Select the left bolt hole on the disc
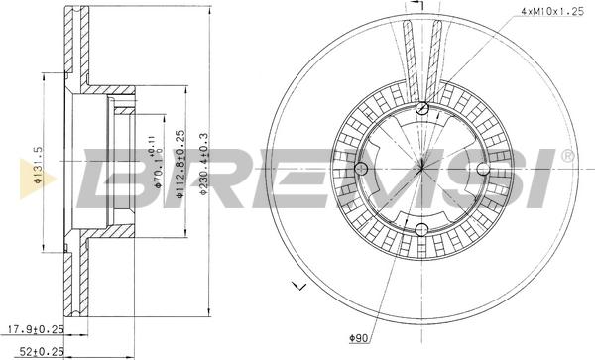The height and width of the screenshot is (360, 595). click(362, 170)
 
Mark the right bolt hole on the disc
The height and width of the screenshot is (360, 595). click(484, 170)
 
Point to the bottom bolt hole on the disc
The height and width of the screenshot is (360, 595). click(422, 231)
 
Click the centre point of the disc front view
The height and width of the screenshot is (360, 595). click(422, 170)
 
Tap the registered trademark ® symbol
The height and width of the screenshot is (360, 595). click(566, 157)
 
